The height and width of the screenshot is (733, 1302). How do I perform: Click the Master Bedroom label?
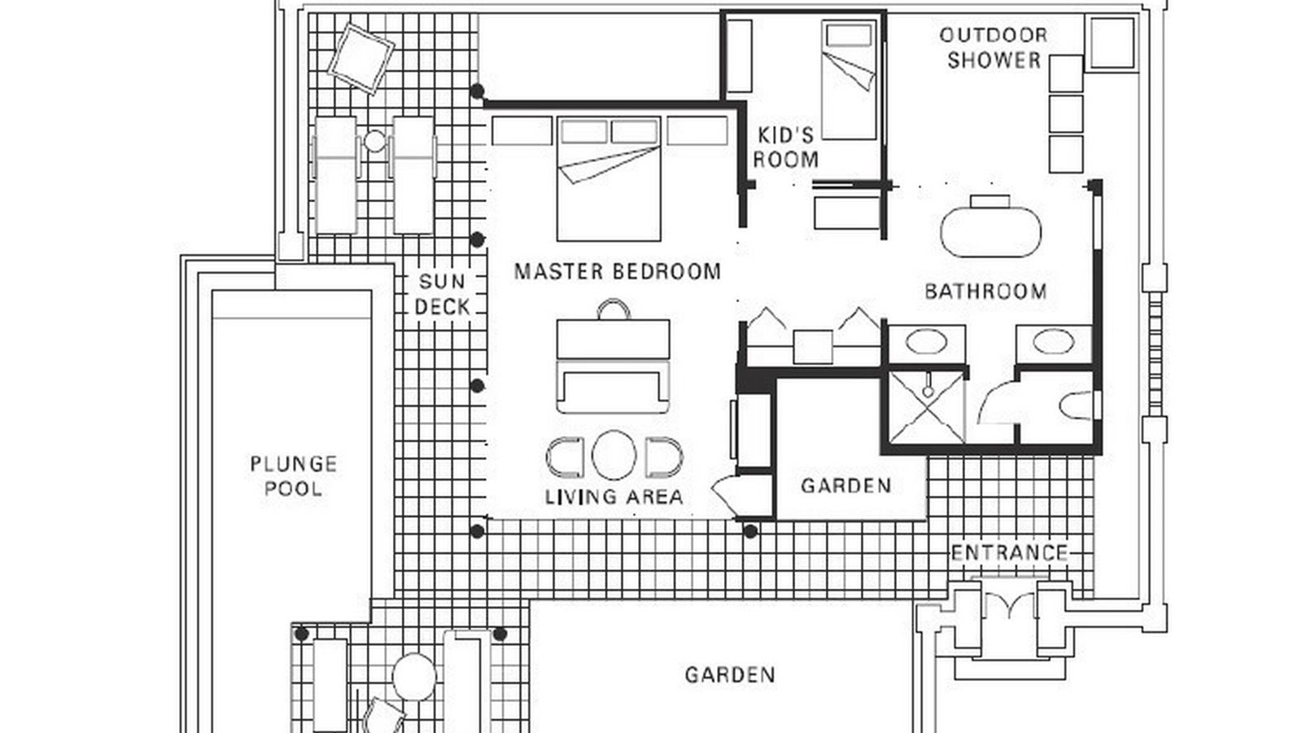pos(617,271)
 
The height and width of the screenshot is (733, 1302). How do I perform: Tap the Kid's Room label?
pos(784,147)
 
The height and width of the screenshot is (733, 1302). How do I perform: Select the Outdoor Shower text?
pos(994,47)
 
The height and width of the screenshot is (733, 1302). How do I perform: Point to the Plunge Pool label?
pos(293,476)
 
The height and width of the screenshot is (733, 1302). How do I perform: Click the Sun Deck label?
pos(442,294)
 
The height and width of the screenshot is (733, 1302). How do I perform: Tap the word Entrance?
pos(1009,553)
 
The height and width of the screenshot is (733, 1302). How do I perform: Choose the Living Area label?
pos(614,497)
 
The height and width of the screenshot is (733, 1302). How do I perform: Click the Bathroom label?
pos(985,291)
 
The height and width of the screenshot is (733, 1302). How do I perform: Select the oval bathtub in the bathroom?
pos(990,231)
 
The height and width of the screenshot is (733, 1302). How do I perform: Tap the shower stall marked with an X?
pos(926,407)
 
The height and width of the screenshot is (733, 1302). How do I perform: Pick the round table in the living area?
pos(614,455)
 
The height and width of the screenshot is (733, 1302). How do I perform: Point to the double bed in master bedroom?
pos(609,179)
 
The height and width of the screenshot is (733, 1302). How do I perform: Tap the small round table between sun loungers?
pos(374,142)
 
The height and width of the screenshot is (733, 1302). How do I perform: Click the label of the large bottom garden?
pos(729,675)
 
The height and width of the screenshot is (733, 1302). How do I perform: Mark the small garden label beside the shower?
pos(845,486)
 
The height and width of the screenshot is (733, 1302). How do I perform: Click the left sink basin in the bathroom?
pos(926,342)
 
